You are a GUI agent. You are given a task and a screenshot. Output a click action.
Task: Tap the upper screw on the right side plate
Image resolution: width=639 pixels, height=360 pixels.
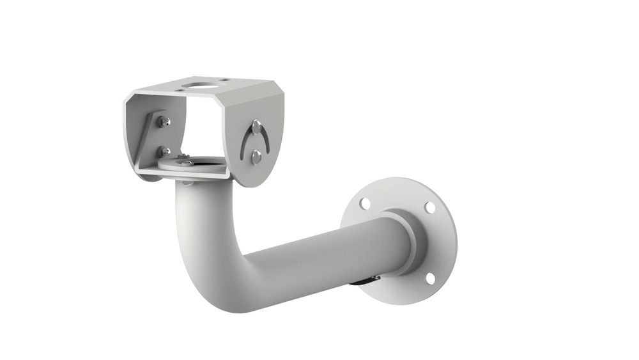tap(256, 125)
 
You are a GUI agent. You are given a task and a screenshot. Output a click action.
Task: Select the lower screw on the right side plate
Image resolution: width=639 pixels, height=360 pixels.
tap(256, 155)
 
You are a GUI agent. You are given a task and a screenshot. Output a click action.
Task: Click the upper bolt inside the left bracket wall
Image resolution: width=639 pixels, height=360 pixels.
tap(166, 121)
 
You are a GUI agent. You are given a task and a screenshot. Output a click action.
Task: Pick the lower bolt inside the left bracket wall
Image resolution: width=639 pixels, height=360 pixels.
tap(165, 152)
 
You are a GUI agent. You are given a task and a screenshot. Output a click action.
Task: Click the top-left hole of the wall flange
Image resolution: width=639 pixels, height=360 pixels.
tap(365, 203)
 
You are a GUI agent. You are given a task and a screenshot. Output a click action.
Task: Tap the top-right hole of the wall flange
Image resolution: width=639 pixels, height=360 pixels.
tap(430, 208)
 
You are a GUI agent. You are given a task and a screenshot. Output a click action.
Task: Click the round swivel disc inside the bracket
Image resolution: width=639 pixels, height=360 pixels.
tap(195, 168)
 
